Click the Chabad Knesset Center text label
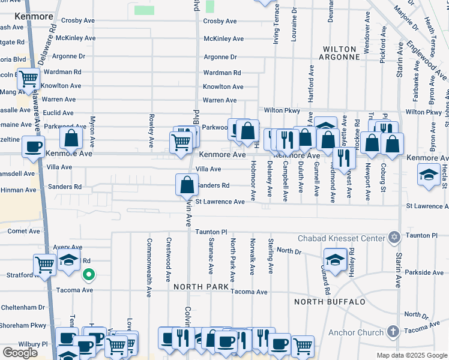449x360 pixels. coord(340,239)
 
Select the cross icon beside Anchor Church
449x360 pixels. coord(393,332)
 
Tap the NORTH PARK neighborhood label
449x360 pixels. coord(201,287)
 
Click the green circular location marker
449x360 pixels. coord(88,275)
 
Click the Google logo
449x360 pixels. coord(20,352)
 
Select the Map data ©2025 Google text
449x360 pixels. coord(411,355)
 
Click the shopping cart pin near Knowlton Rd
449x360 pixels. coord(28,78)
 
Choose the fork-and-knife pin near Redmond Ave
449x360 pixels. coord(343,157)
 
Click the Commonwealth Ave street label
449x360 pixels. coord(148,268)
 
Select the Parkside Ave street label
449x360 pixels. coord(424,272)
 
